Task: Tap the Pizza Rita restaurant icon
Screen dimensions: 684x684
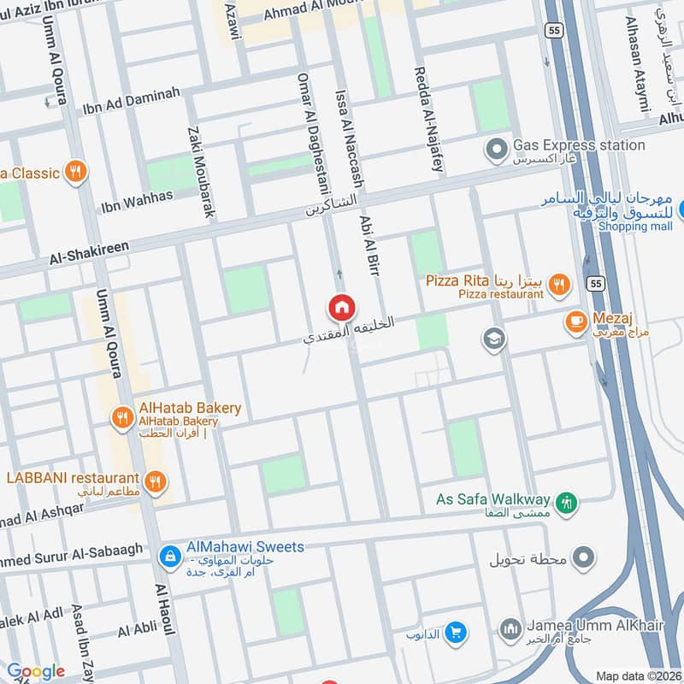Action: [x=559, y=283]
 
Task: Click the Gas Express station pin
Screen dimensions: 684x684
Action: [x=496, y=151]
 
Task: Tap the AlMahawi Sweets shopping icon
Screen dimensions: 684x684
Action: [x=170, y=556]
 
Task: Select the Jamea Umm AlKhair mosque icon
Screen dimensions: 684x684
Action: [x=511, y=630]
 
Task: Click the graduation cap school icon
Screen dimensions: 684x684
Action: [x=494, y=339]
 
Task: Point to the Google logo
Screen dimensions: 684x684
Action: [x=35, y=671]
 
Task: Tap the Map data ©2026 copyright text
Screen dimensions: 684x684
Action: [x=637, y=675]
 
